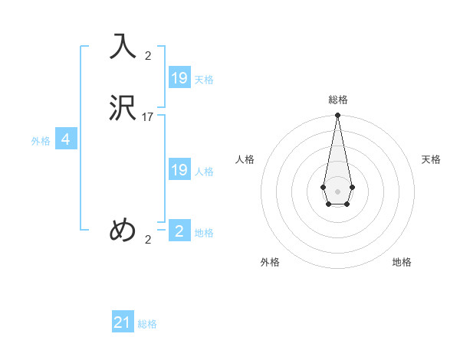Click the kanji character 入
[123, 46]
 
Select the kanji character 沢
[123, 107]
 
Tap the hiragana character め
[123, 230]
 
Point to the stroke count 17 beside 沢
[148, 117]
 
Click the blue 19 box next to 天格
[179, 78]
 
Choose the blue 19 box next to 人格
[179, 170]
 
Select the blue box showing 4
[66, 139]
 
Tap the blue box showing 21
[123, 322]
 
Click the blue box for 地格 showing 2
[179, 231]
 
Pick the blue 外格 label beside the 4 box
[41, 141]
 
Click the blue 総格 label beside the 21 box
[147, 324]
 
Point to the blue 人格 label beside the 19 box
[204, 172]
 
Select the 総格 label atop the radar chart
[338, 100]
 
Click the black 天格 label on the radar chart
[431, 159]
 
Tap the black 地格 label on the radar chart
[402, 262]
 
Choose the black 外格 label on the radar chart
[270, 262]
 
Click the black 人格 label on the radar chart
[245, 159]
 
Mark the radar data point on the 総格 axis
[337, 116]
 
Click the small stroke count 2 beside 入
[148, 55]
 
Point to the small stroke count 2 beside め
[148, 240]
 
